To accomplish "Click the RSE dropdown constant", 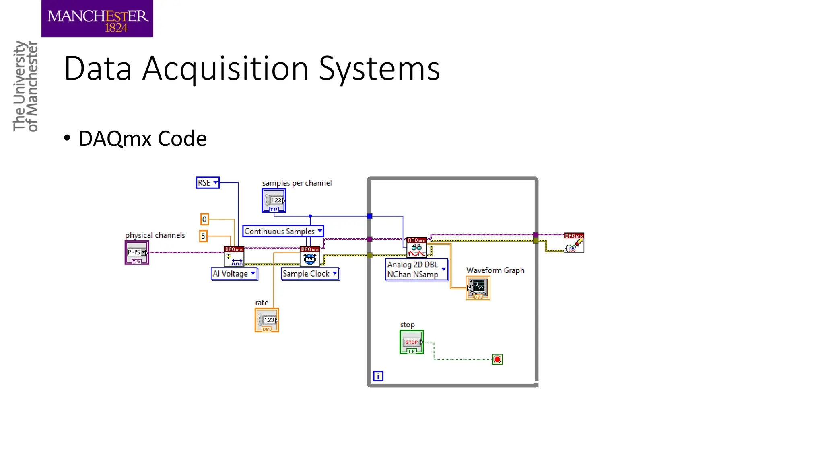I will (x=207, y=183).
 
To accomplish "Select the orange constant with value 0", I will (x=204, y=219).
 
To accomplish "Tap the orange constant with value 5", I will (x=203, y=236).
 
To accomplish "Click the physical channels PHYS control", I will (x=137, y=253).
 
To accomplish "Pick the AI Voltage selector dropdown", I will (x=234, y=274).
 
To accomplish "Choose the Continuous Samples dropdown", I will (x=283, y=231).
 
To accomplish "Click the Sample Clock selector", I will (x=310, y=274).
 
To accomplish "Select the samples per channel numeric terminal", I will (x=274, y=201).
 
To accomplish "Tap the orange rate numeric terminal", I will (x=267, y=320).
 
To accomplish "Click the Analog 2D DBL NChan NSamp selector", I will (x=416, y=270).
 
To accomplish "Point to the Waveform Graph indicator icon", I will (x=478, y=288).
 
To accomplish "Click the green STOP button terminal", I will (x=411, y=342).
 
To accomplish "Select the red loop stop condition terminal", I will (x=497, y=359).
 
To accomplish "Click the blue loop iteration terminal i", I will (x=378, y=376).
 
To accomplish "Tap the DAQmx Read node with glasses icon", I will (x=416, y=247).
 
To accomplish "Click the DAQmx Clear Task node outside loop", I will (x=574, y=243).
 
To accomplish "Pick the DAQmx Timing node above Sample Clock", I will (x=310, y=256).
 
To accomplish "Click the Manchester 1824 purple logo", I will (x=97, y=19).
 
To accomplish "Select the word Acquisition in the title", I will (x=225, y=69).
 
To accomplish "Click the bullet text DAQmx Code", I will (x=142, y=139).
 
